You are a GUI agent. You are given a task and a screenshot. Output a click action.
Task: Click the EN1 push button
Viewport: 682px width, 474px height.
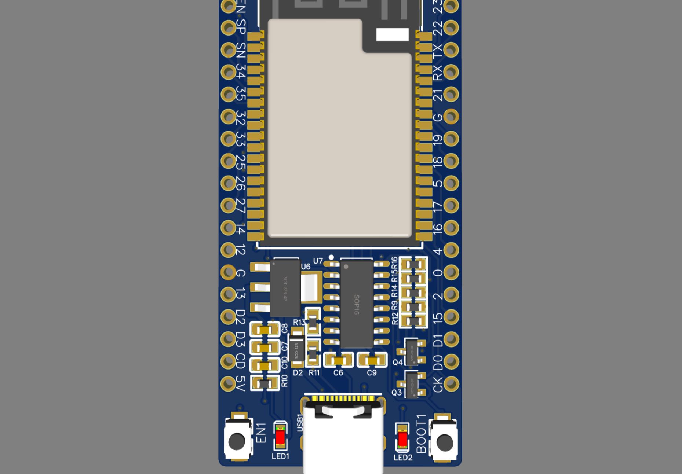click(x=237, y=441)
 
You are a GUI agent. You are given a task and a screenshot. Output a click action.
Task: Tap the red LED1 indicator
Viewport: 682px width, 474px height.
click(x=281, y=437)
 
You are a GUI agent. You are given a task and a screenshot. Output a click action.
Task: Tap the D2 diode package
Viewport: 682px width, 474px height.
click(x=297, y=348)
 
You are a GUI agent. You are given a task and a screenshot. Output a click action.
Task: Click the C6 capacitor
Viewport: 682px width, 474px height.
click(x=338, y=361)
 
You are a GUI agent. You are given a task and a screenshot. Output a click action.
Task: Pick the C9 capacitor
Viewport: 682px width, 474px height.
click(x=372, y=361)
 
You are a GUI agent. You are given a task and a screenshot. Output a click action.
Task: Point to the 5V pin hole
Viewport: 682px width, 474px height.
click(x=228, y=383)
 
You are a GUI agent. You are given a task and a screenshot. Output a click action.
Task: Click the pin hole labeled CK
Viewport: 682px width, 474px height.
click(x=451, y=383)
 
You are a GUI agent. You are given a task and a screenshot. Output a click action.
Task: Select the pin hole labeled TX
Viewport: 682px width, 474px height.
click(x=451, y=50)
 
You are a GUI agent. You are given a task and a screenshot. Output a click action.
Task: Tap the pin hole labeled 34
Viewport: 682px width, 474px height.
click(x=228, y=72)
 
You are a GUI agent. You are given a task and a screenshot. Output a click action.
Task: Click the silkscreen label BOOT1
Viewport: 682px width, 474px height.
click(x=422, y=434)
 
